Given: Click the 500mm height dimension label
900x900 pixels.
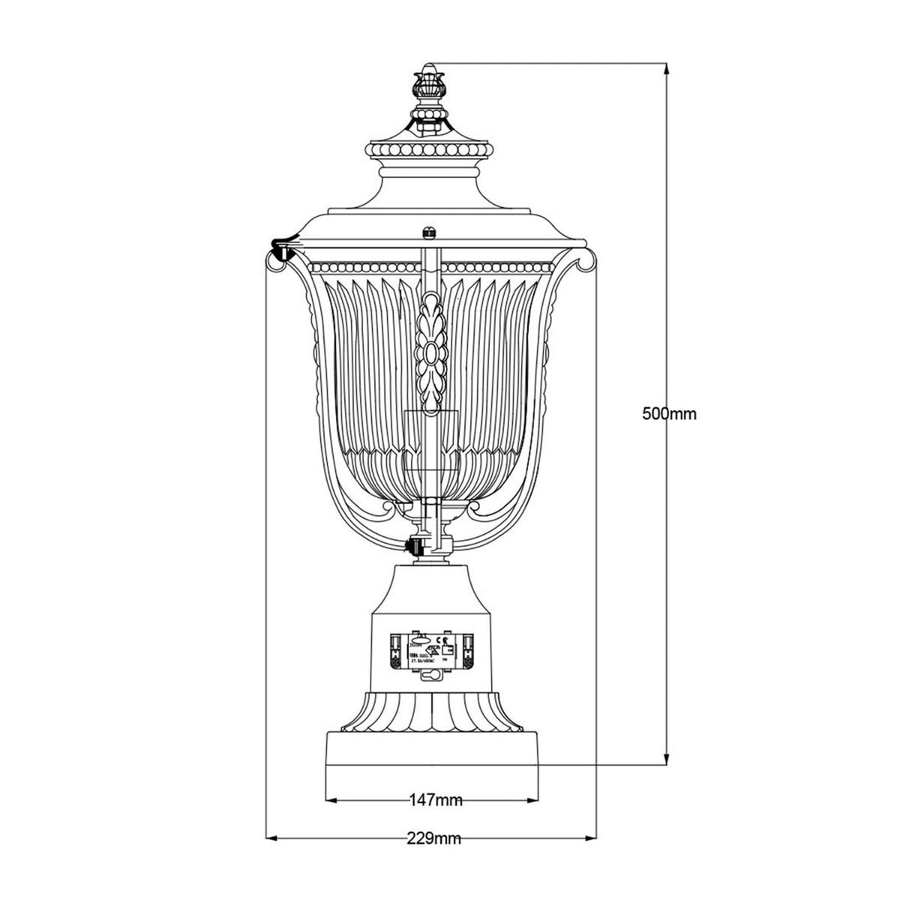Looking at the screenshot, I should click(670, 413).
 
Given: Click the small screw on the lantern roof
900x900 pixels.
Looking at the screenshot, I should click(430, 232).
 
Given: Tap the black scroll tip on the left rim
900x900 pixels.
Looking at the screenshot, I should click(280, 245).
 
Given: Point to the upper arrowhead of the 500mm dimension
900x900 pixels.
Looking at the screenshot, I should click(665, 69).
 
